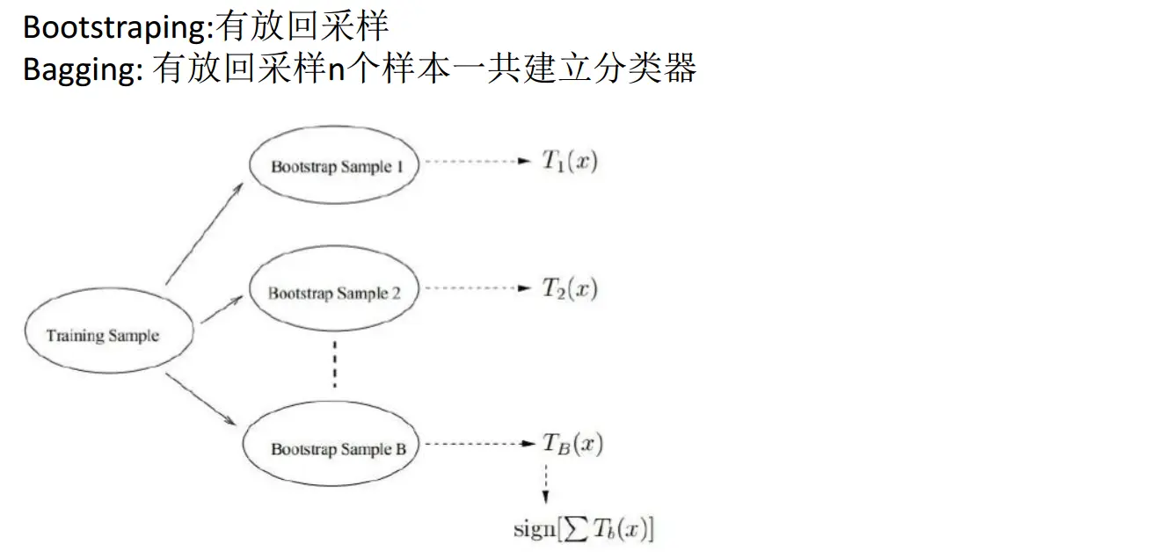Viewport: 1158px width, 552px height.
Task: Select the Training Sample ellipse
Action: pos(103,336)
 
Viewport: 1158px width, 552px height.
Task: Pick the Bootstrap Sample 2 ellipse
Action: pos(334,293)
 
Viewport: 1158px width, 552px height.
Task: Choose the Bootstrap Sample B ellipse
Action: pos(338,449)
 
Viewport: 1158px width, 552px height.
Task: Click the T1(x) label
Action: pos(570,163)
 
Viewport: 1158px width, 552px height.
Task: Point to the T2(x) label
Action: pos(570,288)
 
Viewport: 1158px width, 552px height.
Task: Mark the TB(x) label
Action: pos(572,445)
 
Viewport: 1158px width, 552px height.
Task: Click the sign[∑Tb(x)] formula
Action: pos(583,530)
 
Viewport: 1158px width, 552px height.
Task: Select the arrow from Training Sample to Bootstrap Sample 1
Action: pos(204,235)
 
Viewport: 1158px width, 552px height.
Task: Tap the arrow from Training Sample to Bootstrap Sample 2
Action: pos(221,309)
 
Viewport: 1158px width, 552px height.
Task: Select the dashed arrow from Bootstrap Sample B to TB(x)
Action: pos(479,445)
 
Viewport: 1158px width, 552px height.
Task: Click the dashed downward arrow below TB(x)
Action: pos(547,483)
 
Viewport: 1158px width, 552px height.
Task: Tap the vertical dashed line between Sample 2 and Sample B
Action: pos(334,365)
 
